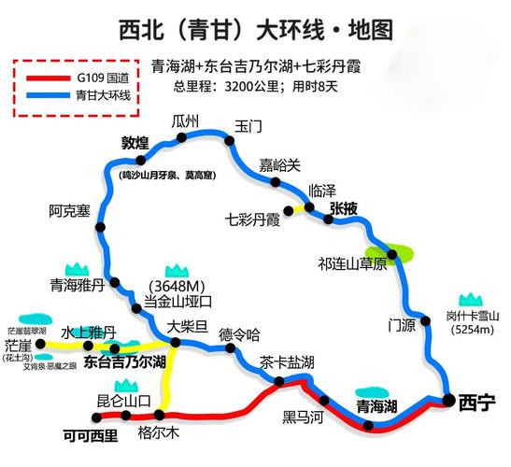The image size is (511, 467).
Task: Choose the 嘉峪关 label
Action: [280, 165]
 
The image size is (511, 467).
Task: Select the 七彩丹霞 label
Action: [253, 220]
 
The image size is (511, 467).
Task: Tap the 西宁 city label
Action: [476, 402]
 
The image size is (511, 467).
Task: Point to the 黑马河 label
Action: [302, 417]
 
